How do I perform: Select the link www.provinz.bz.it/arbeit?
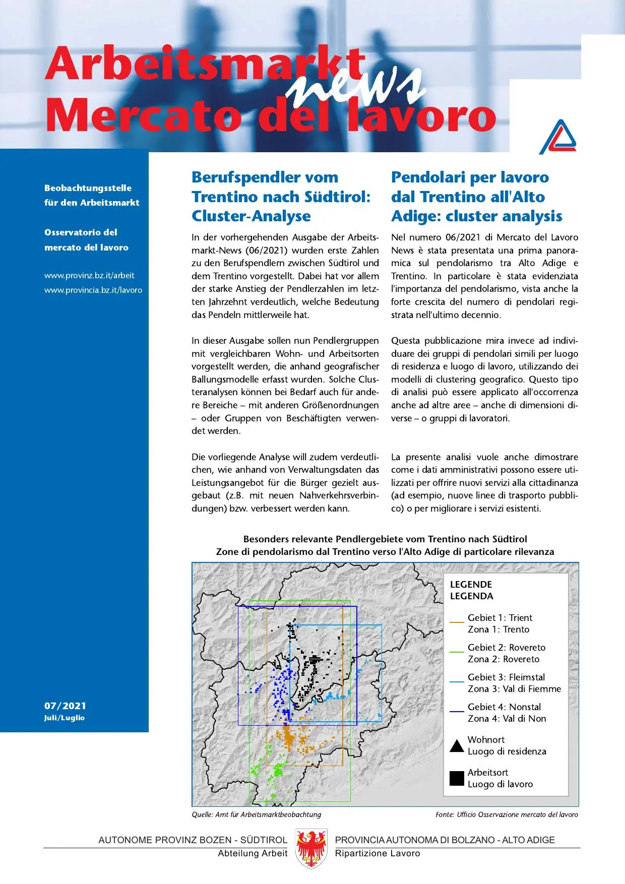coord(89,275)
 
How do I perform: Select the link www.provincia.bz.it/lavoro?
coord(93,290)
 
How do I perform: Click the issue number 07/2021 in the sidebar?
coord(65,706)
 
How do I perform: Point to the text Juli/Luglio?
coord(64,718)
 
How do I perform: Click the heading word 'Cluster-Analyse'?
coord(251,216)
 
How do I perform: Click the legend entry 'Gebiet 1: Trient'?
coord(499,618)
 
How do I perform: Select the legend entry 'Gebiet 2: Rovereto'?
coord(506,648)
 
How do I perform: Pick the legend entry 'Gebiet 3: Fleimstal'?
coord(506,677)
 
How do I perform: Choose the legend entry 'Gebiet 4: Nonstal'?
coord(504,707)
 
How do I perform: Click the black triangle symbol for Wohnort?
coord(457,746)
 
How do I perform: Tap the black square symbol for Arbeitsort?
coord(457,778)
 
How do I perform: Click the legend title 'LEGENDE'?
coord(471,585)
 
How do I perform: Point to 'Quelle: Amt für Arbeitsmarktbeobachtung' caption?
coord(256,814)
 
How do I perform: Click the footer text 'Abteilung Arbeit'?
coord(252,853)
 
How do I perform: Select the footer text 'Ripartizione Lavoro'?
coord(377,853)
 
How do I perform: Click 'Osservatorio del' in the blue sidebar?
coord(81,232)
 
